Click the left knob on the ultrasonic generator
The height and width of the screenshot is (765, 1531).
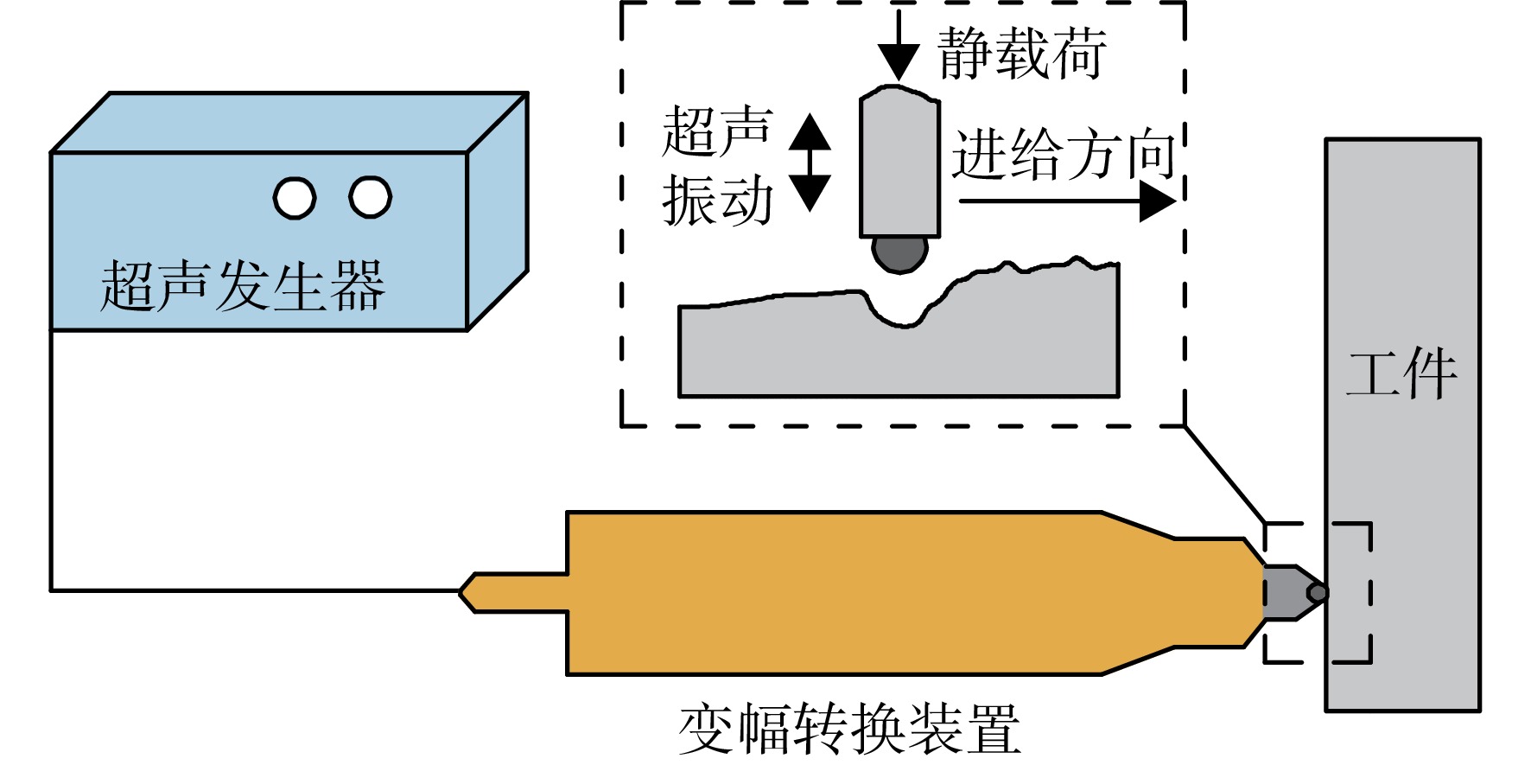point(295,198)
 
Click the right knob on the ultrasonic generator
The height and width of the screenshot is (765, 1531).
point(371,197)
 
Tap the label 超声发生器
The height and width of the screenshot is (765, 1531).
point(243,286)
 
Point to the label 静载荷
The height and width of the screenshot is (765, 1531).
point(1022,53)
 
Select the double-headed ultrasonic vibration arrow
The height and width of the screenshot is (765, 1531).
point(810,163)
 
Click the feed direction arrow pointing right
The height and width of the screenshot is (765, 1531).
point(1068,201)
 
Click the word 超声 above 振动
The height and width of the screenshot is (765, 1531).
point(717,131)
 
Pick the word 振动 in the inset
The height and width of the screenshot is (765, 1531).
point(717,200)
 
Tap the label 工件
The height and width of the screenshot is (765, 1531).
point(1402,373)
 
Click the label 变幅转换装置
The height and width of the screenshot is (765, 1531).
point(849,729)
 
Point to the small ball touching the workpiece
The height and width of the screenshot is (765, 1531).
point(1318,593)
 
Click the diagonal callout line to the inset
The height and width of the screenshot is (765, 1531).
point(1224,475)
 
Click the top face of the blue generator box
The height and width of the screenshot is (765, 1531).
point(289,123)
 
